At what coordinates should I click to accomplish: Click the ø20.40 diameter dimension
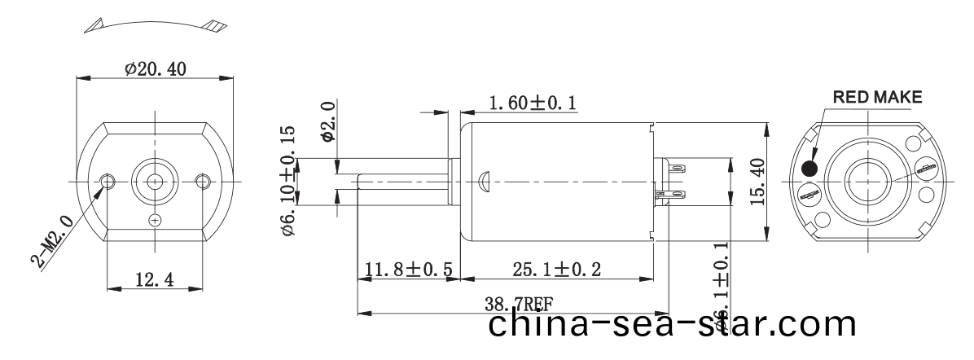[x=155, y=70]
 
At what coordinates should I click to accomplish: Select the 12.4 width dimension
[x=154, y=280]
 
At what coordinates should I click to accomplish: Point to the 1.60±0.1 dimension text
[x=533, y=103]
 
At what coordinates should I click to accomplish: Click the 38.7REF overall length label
[x=519, y=305]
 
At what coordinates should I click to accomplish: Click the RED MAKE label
[x=876, y=97]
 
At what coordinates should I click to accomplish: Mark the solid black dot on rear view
[x=810, y=169]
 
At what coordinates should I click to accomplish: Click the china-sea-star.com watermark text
[x=673, y=326]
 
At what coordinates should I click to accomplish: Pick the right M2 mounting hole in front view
[x=204, y=179]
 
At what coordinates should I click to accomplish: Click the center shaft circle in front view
[x=156, y=178]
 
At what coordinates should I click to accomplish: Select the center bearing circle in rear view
[x=867, y=178]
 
